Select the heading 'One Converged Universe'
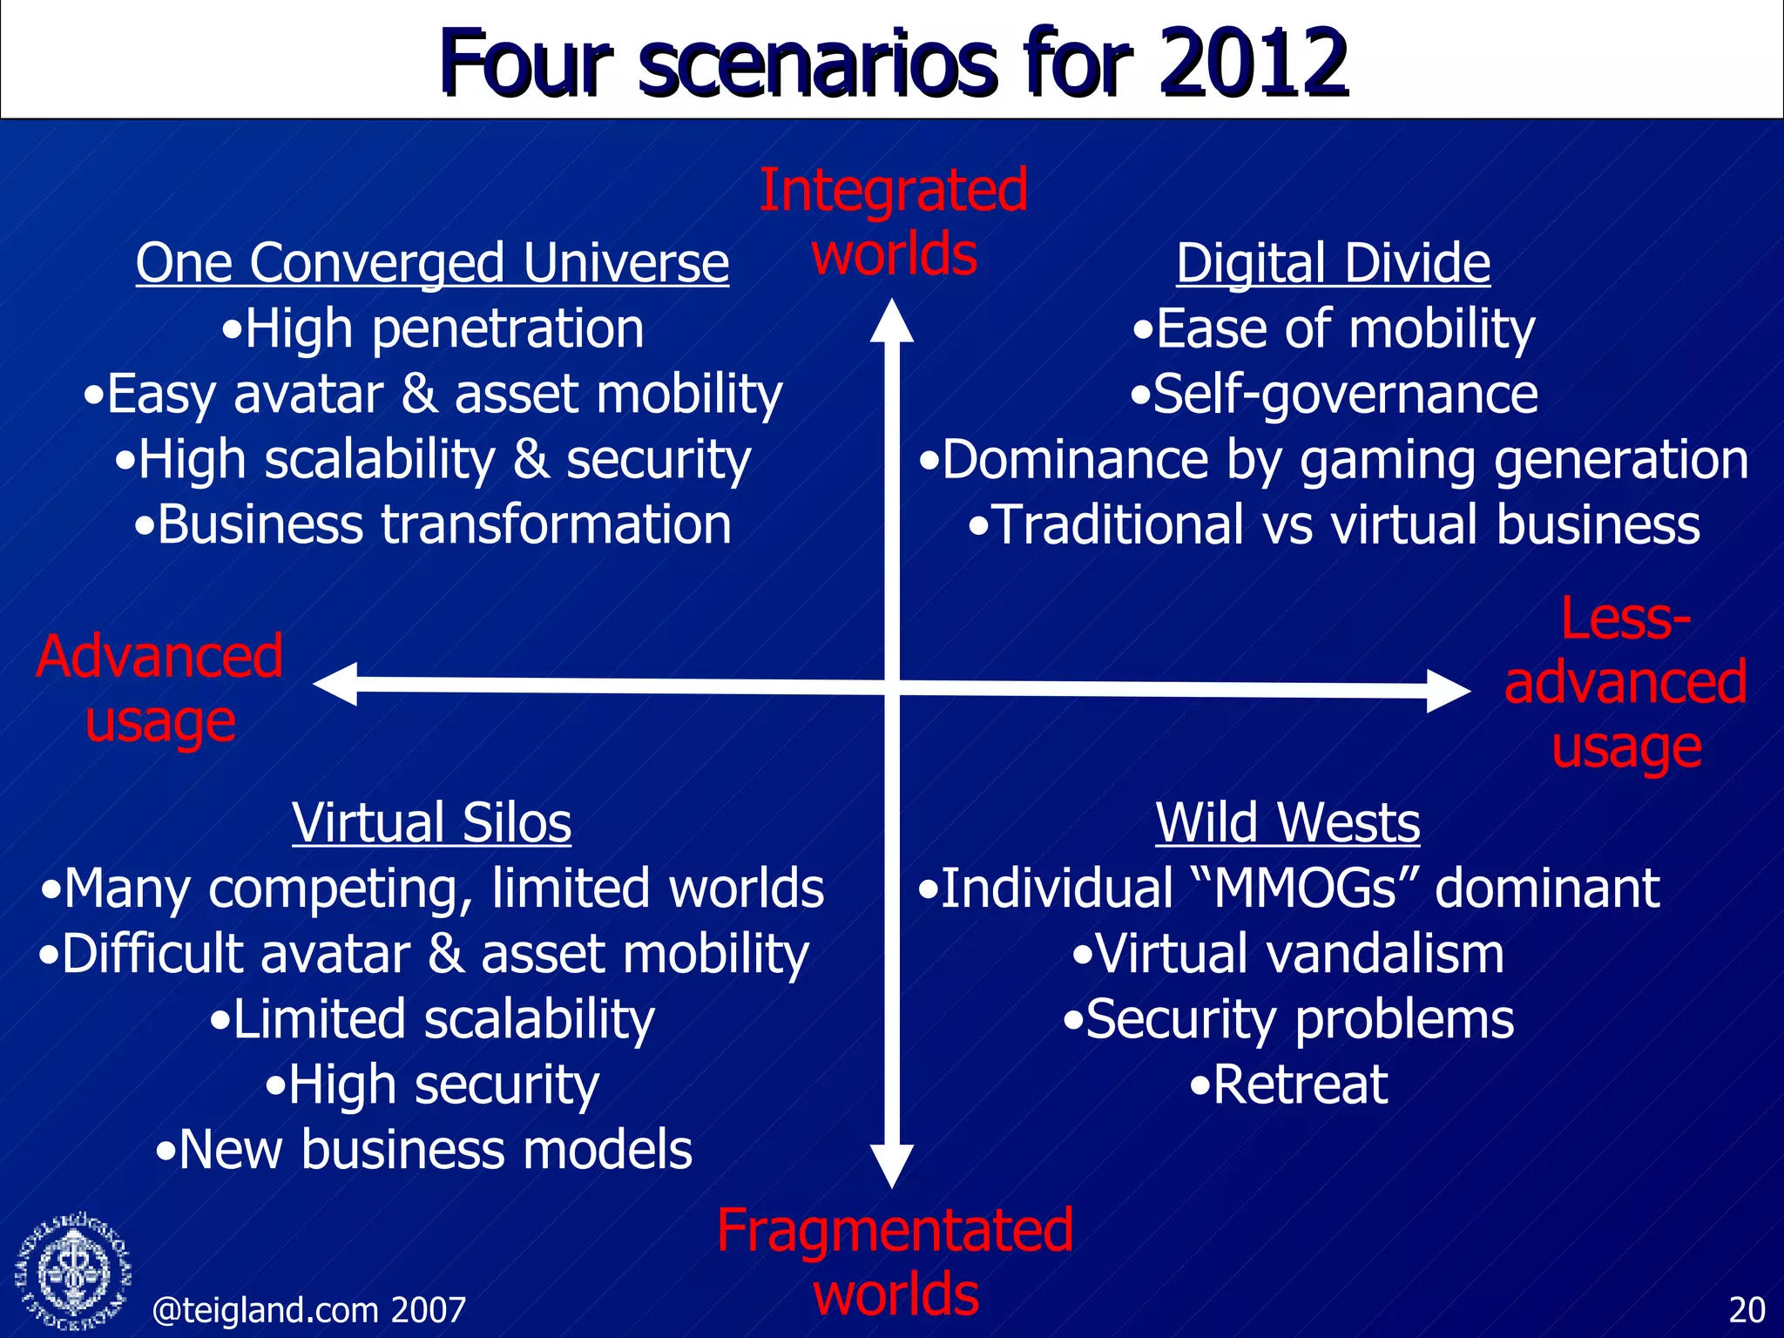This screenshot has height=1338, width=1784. point(432,263)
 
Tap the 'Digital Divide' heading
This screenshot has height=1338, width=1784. point(1333,263)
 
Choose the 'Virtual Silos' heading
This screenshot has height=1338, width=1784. point(432,822)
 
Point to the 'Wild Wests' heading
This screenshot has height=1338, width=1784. point(1287,822)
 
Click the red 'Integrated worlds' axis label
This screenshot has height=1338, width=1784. point(894,222)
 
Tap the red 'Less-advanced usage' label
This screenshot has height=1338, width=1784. point(1625,683)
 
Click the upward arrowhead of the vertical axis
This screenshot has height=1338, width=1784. point(892,321)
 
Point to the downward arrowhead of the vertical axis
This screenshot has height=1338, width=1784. point(892,1166)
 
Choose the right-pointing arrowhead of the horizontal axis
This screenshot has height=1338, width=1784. point(1448,691)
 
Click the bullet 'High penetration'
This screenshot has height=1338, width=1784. point(432,329)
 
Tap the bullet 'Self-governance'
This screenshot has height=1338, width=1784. point(1335,394)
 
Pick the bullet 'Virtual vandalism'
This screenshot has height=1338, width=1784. point(1287,954)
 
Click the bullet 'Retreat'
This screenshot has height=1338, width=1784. point(1289,1085)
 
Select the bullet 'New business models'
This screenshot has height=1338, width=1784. point(424,1150)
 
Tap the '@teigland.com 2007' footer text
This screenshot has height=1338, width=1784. point(309,1310)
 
